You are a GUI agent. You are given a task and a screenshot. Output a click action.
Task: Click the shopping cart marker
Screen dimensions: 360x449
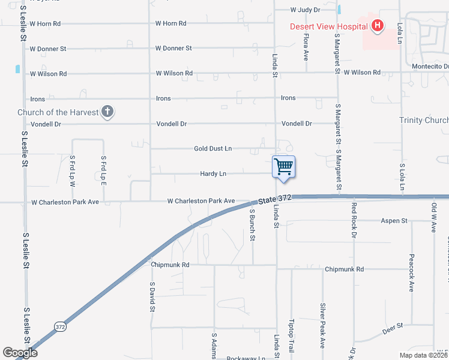pos(283,166)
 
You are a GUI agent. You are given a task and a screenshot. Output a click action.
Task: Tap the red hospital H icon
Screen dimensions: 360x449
pos(377,26)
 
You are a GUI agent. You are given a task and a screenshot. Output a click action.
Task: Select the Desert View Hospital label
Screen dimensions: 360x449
pos(328,26)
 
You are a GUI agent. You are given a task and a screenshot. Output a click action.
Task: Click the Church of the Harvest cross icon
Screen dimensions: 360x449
pos(107,112)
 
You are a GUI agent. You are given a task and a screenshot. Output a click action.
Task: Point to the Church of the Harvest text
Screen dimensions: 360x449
pos(58,112)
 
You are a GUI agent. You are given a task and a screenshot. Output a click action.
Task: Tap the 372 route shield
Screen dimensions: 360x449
pos(59,327)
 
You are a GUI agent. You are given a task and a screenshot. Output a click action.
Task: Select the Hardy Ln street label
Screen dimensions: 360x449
pos(213,174)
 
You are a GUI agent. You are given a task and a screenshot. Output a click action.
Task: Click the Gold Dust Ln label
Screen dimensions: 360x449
pos(212,148)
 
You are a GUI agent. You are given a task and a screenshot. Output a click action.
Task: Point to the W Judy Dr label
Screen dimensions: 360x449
pos(306,10)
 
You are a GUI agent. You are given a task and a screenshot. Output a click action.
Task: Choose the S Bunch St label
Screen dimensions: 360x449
pos(253,225)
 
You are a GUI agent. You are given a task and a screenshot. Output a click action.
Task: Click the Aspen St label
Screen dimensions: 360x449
pos(394,221)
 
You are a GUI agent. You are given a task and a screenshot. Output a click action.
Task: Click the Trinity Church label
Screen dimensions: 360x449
pos(424,121)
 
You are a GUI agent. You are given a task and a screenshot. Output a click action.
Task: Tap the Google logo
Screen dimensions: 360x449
pos(20,353)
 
